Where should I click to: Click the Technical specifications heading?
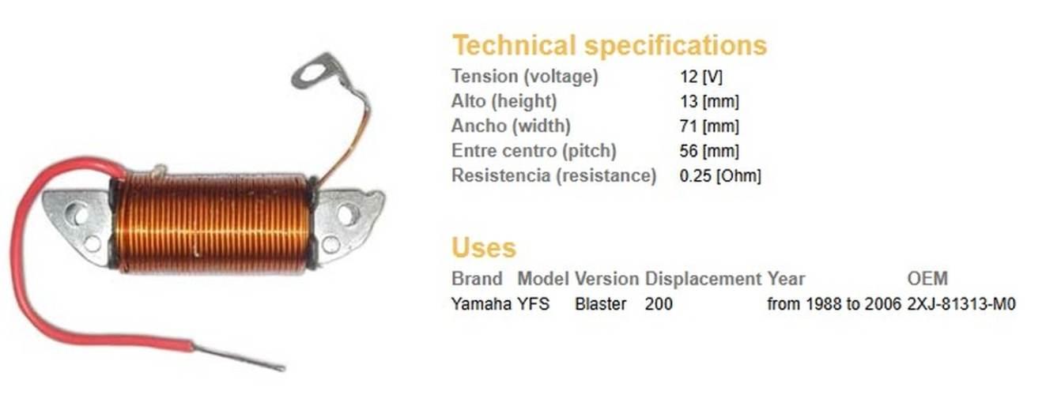click(609, 45)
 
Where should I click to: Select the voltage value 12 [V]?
click(701, 77)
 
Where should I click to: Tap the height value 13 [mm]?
click(709, 102)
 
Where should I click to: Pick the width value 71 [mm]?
click(709, 126)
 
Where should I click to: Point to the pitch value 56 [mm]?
click(710, 151)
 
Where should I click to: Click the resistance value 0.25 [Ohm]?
click(719, 175)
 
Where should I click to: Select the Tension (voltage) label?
click(524, 77)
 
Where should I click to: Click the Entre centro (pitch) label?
click(533, 150)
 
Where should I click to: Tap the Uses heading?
click(483, 247)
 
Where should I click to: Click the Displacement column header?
click(703, 279)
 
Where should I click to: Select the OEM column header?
click(927, 279)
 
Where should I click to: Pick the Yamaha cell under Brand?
click(481, 303)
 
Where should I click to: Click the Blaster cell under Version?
click(600, 303)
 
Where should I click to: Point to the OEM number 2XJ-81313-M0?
click(961, 303)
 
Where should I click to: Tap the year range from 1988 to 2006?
click(833, 303)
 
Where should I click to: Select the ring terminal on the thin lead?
click(315, 72)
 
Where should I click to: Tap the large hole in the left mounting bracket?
click(77, 212)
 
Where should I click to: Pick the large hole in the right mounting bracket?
click(348, 213)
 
